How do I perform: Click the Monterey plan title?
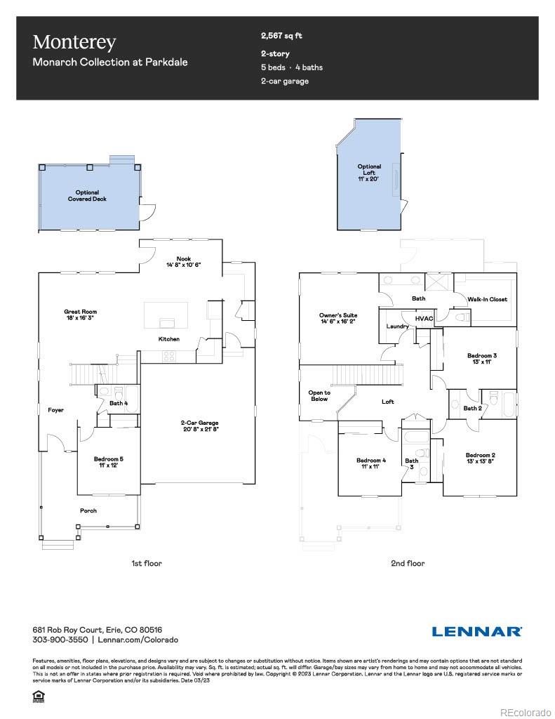74,42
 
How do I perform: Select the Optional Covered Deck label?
87,196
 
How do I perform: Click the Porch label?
88,510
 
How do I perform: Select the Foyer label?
55,410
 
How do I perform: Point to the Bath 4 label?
119,403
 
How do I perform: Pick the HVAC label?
424,318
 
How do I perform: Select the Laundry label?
397,326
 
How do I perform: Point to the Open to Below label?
319,395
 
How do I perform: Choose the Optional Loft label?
369,173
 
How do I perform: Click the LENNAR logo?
476,631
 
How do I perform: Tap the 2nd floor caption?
408,562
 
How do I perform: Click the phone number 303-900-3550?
60,640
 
